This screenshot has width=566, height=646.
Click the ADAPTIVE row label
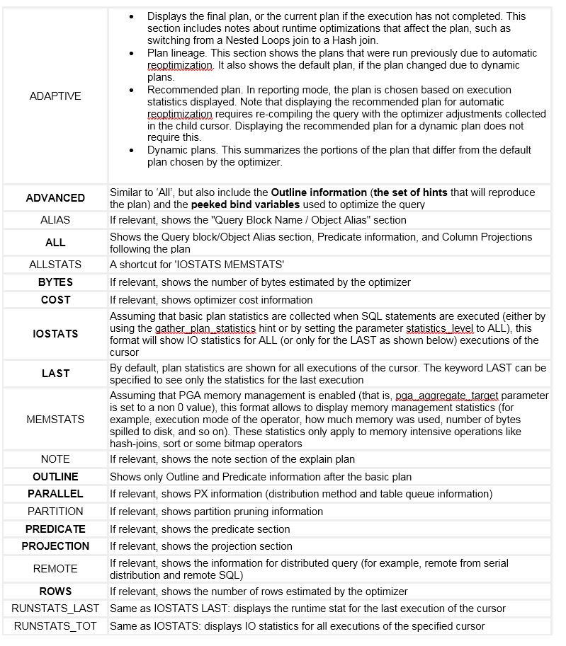coord(55,96)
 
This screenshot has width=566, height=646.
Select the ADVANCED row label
coord(55,198)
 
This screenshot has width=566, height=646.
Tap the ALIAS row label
coord(55,220)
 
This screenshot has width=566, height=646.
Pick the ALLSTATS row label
coord(55,265)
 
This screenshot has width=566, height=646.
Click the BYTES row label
coord(55,282)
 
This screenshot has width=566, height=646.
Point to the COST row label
coord(55,300)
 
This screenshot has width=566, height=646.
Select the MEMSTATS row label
coord(55,420)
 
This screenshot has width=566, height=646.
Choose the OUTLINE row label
coord(55,477)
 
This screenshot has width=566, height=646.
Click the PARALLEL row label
coord(55,494)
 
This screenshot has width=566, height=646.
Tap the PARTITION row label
coord(55,512)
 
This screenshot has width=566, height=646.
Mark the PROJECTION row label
coord(55,546)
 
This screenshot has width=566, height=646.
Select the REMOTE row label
coord(55,569)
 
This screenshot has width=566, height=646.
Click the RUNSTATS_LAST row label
coord(55,608)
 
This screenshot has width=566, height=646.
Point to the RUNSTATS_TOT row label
coord(55,626)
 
